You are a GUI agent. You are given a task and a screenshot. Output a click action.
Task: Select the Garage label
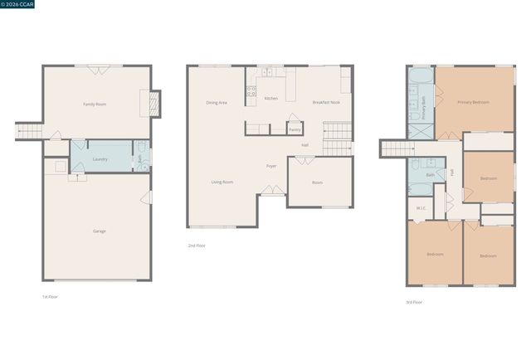(x=99, y=231)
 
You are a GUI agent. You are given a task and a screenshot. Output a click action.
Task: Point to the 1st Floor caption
(x=50, y=296)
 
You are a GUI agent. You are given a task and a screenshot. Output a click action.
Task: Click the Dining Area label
(x=217, y=102)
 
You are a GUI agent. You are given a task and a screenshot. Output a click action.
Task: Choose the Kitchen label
(x=270, y=98)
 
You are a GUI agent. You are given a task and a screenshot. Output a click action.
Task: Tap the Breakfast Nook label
(x=326, y=102)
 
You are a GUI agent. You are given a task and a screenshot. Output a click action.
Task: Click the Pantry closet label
(x=295, y=129)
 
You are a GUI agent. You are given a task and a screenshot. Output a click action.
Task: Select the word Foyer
(x=271, y=166)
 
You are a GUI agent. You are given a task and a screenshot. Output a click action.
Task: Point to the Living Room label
(x=222, y=182)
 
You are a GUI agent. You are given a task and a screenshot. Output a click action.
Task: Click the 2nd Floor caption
(x=196, y=246)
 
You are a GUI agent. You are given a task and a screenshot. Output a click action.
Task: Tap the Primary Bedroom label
(x=473, y=102)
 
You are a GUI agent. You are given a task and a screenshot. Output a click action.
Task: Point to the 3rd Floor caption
(x=414, y=302)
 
